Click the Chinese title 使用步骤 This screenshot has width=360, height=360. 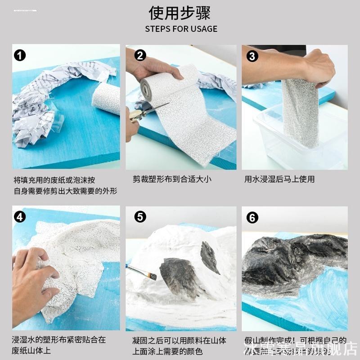coord(180,13)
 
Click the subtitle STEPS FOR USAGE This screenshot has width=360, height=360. coord(181,29)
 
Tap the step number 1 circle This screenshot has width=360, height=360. coord(20,56)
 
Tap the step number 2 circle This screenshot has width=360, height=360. coord(140,56)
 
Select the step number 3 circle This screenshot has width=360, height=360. coord(252,56)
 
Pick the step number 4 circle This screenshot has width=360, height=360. coord(20,216)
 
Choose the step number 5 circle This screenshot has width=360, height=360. coord(140,217)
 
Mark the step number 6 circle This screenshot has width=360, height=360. coord(252,218)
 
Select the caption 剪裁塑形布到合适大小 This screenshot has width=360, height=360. coord(172,179)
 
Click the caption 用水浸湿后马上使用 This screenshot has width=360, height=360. coord(279,179)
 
